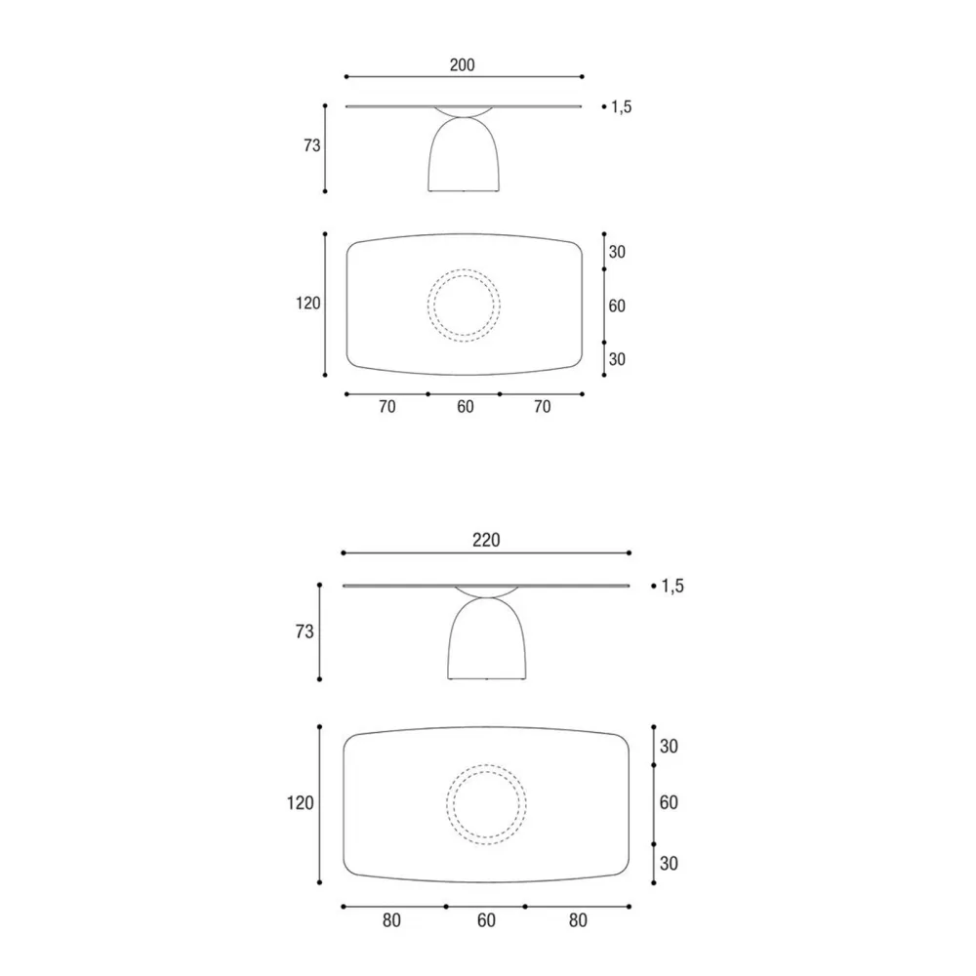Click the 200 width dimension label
point(462,64)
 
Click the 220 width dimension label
point(486,540)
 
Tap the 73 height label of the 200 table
point(312,145)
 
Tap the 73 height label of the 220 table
point(305,631)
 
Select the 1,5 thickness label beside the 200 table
point(621,107)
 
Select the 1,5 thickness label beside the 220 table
point(672,586)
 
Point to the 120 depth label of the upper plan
point(308,304)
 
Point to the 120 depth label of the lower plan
point(300,803)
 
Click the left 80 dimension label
point(391,920)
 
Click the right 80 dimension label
point(578,920)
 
